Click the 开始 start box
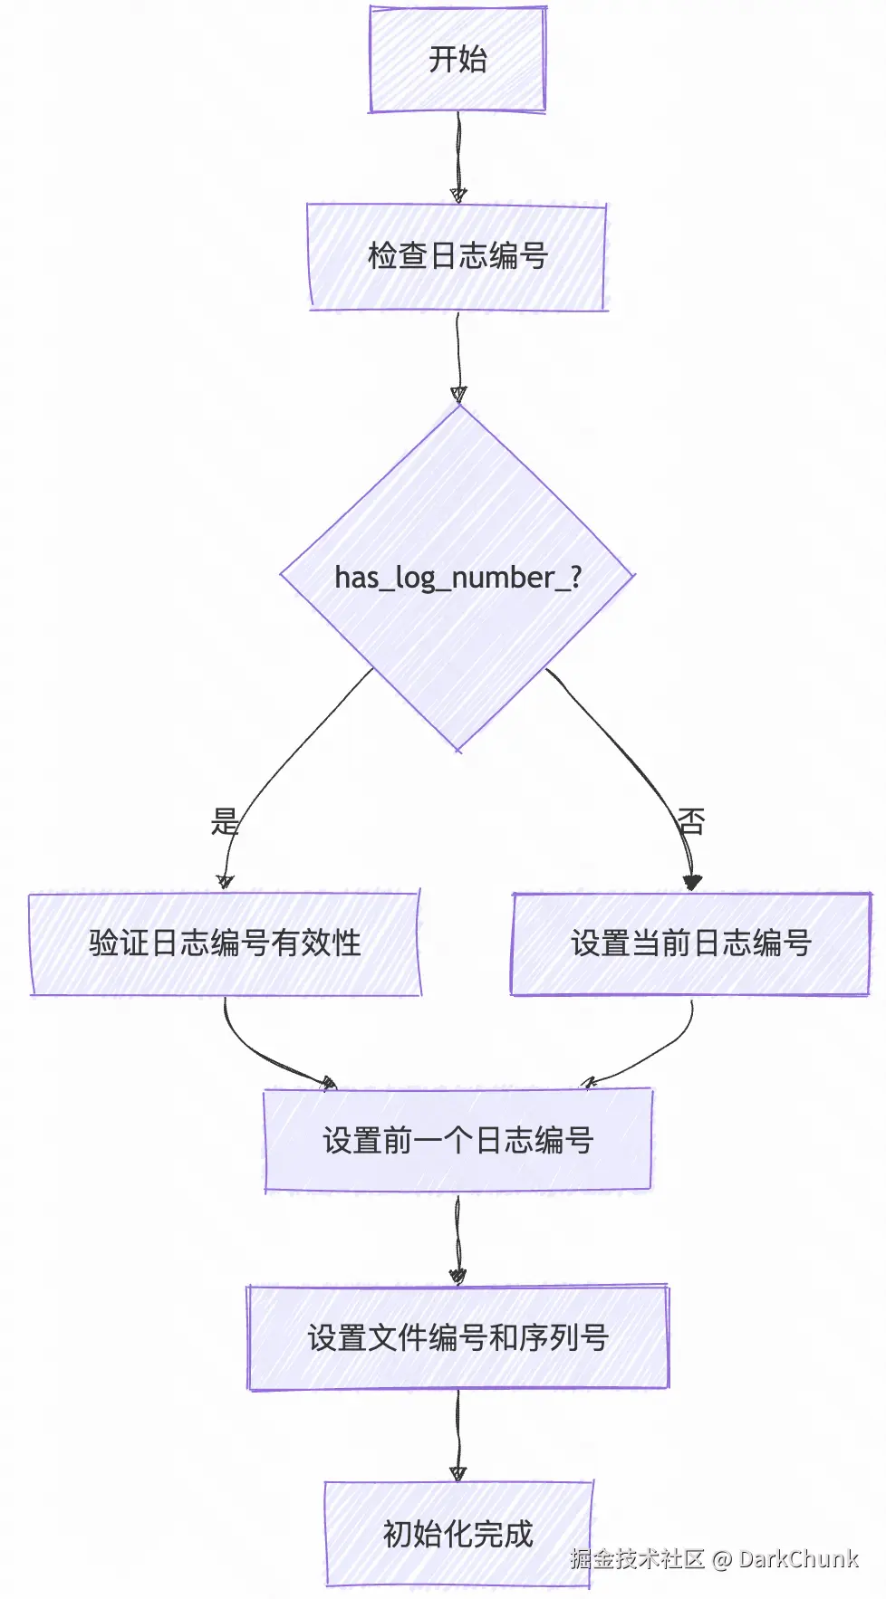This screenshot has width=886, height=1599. (x=457, y=60)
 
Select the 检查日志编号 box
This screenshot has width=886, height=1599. (x=457, y=256)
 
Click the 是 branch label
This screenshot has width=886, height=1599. (x=225, y=821)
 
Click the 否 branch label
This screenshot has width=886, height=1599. (x=691, y=821)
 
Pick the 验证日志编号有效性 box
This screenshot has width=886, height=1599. (x=225, y=943)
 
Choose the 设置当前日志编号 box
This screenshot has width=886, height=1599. (x=690, y=943)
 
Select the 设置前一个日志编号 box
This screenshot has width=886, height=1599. (x=457, y=1140)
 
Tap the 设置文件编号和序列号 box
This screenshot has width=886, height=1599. (x=457, y=1337)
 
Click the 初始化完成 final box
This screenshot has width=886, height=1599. (x=457, y=1534)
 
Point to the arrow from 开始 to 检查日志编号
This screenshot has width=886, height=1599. (x=458, y=154)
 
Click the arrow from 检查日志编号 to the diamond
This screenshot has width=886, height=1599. (x=458, y=353)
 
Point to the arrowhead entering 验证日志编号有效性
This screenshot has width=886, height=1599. (x=226, y=881)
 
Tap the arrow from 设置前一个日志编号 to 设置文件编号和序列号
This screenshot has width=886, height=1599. (x=457, y=1236)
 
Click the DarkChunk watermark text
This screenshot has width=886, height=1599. (x=798, y=1558)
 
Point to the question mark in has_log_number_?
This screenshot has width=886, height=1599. (x=575, y=577)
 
